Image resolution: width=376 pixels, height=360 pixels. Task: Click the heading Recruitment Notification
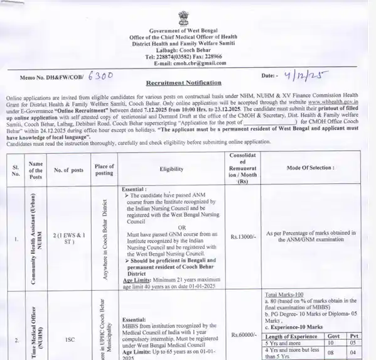183,82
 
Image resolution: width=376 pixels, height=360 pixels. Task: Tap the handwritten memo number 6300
99,74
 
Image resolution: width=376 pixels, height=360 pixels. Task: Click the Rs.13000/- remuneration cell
242,236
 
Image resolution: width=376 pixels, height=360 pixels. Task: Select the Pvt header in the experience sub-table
355,336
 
